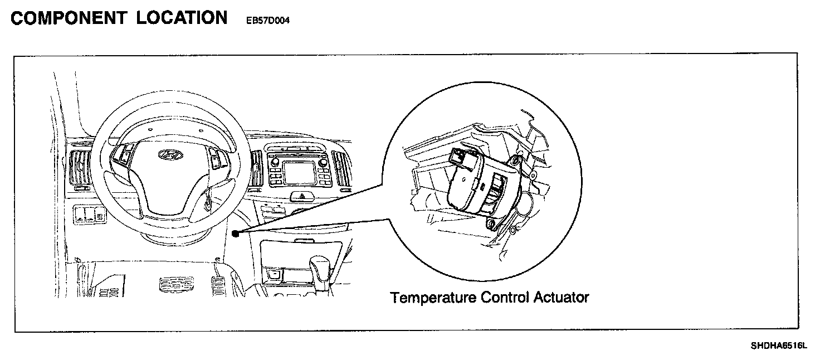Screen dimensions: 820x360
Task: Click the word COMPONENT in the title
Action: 68,18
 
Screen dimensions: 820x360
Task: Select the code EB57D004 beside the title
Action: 267,21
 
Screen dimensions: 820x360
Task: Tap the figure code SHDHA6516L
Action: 778,346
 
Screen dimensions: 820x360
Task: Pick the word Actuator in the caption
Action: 561,298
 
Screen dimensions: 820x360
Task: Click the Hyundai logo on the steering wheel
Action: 167,154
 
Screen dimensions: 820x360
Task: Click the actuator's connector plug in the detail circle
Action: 460,156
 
